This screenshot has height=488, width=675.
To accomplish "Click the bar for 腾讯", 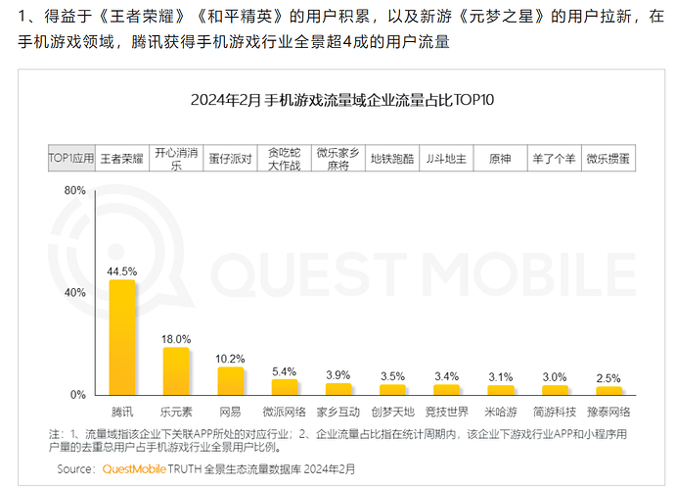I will point(122,337).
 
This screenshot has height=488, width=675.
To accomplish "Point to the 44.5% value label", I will point(122,270).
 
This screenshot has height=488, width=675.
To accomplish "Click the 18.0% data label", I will point(176,337).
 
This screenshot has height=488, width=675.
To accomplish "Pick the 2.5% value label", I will point(608,377).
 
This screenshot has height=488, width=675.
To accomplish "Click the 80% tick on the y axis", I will point(74,191).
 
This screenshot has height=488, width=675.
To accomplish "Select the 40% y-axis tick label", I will point(74,293).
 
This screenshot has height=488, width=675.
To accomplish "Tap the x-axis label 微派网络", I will point(285,411).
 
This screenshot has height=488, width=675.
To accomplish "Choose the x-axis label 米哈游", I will point(501,411).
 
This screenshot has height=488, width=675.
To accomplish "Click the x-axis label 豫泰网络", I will point(608,411).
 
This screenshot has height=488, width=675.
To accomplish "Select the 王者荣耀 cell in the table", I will point(122,158).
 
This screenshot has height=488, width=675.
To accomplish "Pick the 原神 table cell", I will point(500,158).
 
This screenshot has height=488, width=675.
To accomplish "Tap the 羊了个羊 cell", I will point(554,158).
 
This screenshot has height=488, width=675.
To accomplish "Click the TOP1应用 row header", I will point(71,158).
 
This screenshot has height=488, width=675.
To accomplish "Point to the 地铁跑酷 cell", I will point(392,158).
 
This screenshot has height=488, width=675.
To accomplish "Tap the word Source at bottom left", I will point(75,468).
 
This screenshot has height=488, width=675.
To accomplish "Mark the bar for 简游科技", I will point(555,389).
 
